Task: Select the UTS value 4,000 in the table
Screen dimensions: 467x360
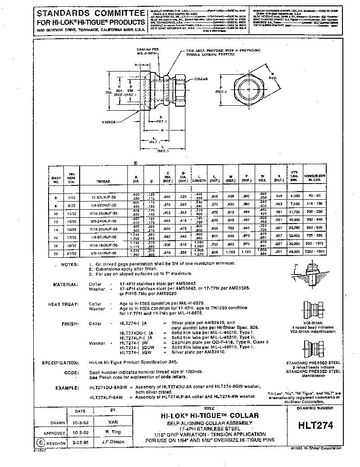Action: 293,197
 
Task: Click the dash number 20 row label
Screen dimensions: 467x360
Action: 56,254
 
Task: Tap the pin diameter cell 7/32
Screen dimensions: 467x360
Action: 72,197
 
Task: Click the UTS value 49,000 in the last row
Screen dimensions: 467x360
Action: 293,251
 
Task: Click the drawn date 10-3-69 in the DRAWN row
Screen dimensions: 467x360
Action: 80,423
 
